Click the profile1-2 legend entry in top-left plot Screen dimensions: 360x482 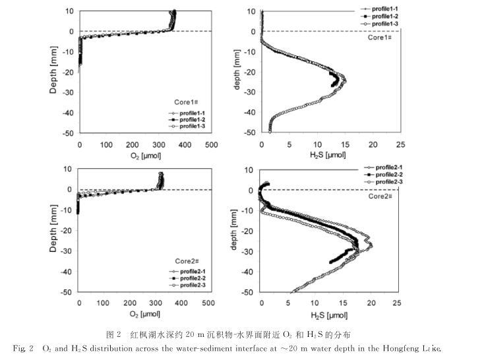191,119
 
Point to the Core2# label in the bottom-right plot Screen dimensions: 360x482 381,196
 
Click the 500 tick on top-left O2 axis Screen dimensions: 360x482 211,144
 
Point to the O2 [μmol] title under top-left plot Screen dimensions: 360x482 144,156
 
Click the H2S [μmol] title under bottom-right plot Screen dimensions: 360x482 327,315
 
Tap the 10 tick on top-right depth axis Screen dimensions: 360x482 252,11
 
